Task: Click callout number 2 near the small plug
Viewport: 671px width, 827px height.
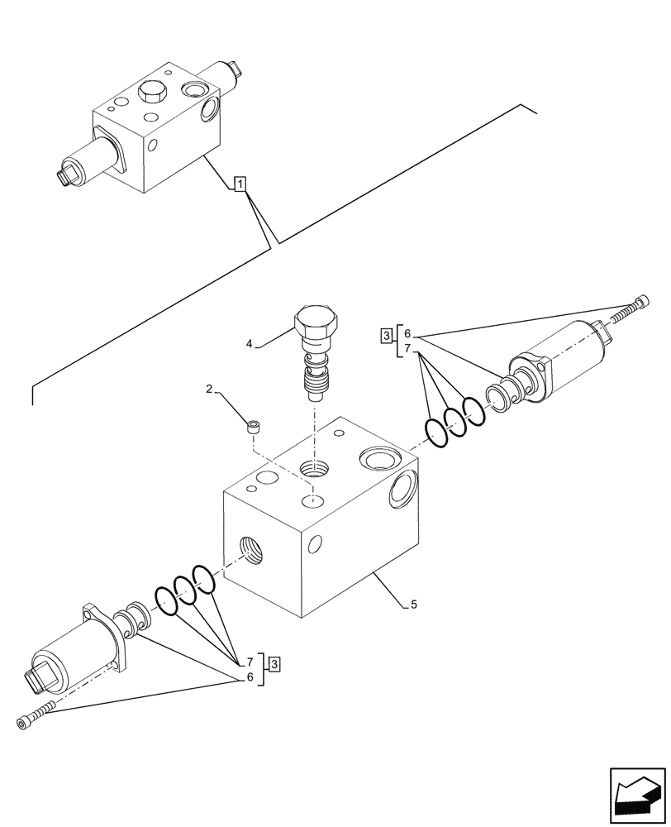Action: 210,388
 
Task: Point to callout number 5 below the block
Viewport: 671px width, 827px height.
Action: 413,605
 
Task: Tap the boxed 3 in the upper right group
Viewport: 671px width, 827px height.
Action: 387,335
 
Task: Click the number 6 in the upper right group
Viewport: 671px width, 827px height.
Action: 407,334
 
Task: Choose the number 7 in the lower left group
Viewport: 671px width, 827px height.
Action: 247,662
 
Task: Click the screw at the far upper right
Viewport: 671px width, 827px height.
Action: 631,308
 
